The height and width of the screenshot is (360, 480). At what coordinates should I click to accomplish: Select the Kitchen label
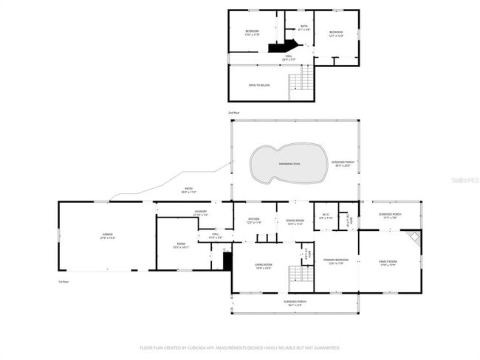[x=253, y=220]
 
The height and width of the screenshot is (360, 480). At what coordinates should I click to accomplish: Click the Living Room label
[x=264, y=266]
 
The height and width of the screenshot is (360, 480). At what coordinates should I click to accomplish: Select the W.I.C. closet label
[x=326, y=217]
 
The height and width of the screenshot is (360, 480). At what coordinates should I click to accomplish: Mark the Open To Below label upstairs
[x=258, y=86]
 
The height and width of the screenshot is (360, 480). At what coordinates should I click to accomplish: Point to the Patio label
[x=188, y=190]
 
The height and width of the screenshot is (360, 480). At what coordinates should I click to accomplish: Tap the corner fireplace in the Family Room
[x=414, y=238]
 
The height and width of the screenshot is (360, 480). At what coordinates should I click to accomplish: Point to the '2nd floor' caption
[x=233, y=112]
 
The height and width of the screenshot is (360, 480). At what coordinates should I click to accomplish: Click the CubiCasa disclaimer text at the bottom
[x=240, y=347]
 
